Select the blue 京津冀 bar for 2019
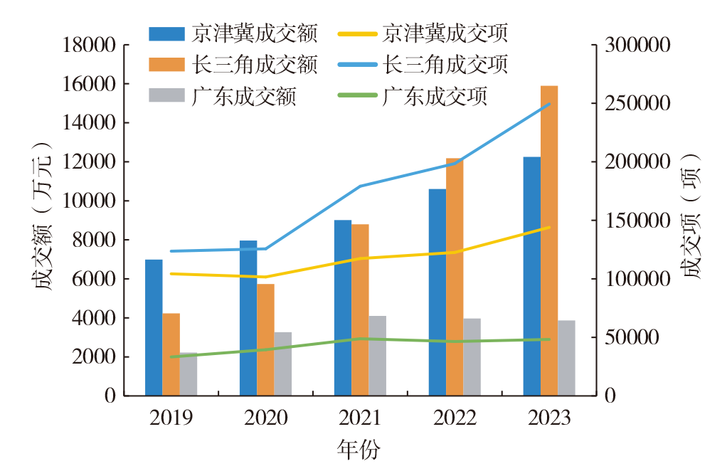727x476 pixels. coord(154,327)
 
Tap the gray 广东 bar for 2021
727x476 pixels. coord(378,355)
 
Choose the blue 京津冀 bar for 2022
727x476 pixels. coord(437,292)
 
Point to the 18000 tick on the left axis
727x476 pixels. coord(89,46)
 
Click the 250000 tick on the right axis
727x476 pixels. coord(638,104)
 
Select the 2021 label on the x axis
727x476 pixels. coord(360,418)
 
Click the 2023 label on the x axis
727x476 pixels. coord(549,418)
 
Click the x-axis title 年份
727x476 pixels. coord(359,450)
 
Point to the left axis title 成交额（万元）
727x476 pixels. coord(42,221)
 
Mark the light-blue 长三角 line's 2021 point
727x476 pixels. coord(361,186)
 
